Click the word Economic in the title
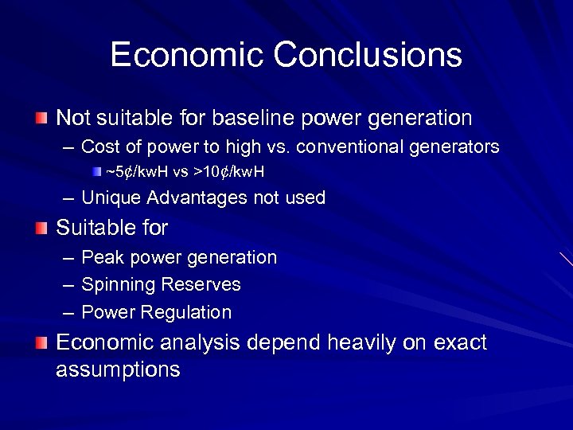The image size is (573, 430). pos(186,55)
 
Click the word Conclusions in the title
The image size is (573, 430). pos(368,55)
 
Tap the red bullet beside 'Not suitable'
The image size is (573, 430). pos(41,119)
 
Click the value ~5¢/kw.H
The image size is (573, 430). pos(142,171)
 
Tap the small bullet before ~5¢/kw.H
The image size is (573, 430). pos(96,171)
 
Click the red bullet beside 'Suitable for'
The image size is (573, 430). pos(41,229)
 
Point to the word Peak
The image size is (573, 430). pos(100,257)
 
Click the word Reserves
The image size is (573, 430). pos(201,284)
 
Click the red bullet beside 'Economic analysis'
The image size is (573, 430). pos(41,343)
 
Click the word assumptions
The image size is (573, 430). pos(118,370)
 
